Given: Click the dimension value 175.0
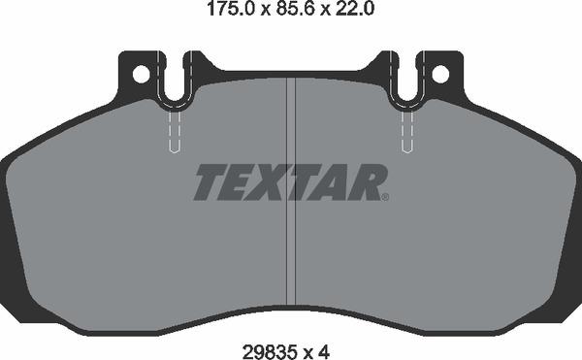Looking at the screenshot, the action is click(x=231, y=9).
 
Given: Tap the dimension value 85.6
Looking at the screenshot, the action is click(x=295, y=9).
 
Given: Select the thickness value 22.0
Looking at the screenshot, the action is click(x=354, y=9).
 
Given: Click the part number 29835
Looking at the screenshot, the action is click(x=270, y=351).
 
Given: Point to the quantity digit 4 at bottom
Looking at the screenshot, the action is click(x=324, y=351).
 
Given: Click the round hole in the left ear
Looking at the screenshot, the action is click(x=141, y=74).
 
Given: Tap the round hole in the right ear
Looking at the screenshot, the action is click(x=440, y=74).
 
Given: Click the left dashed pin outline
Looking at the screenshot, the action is click(x=175, y=132).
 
